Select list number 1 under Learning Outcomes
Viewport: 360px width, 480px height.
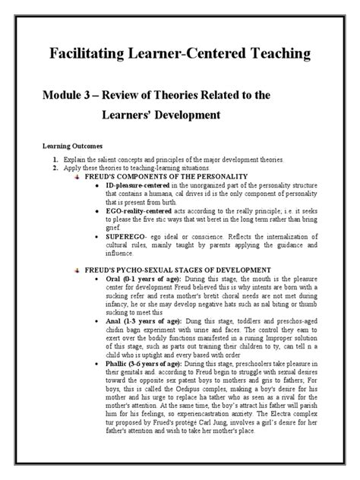(x=55, y=160)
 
